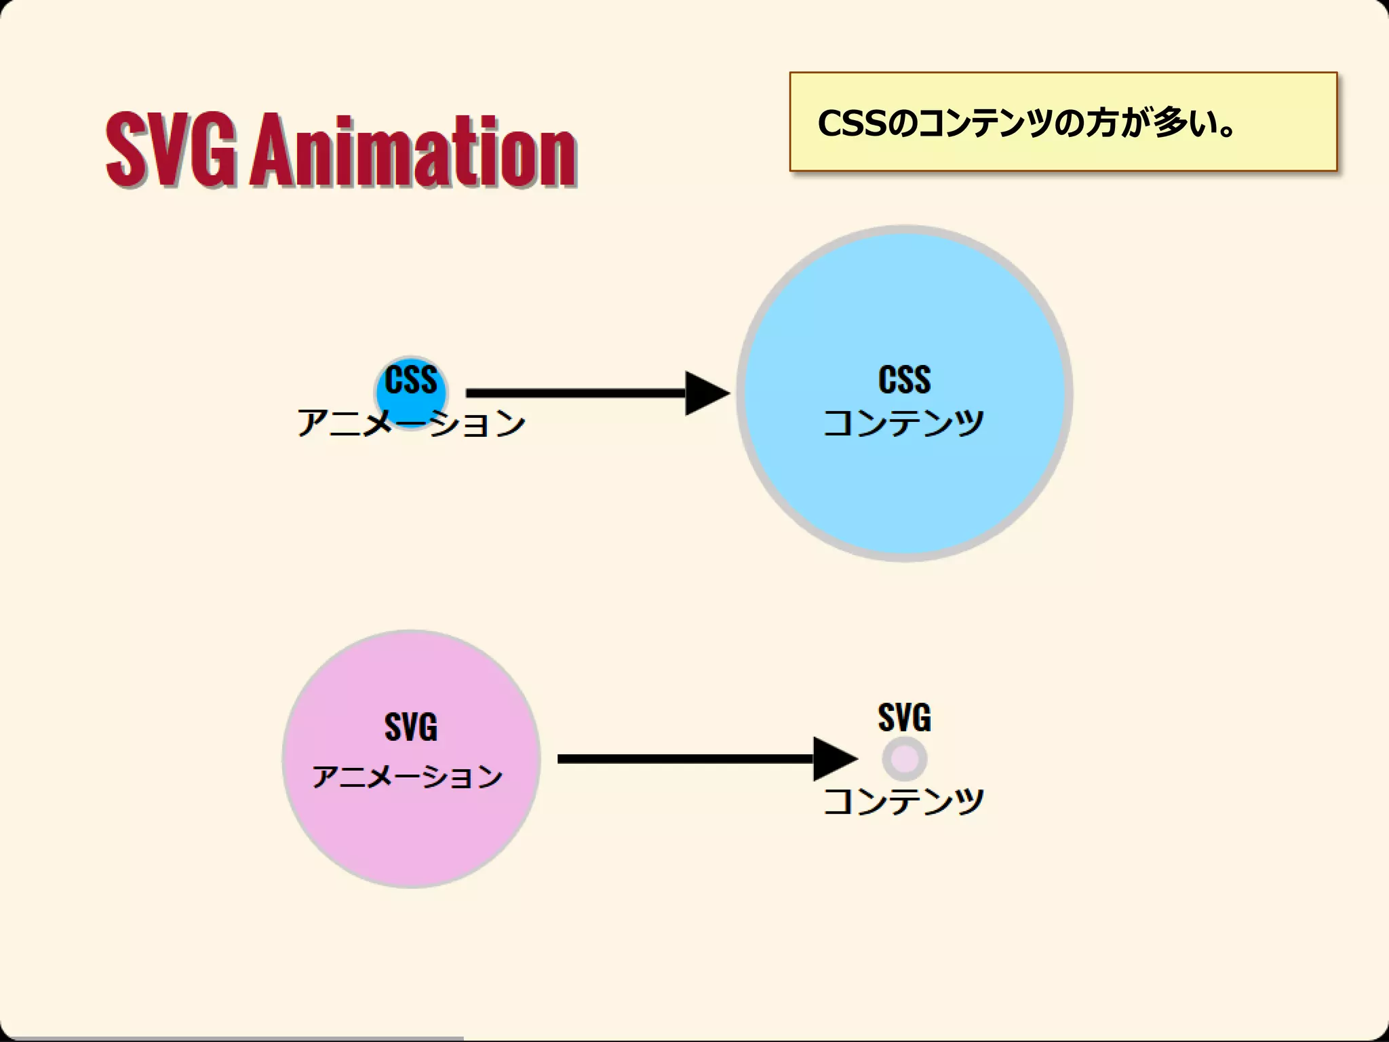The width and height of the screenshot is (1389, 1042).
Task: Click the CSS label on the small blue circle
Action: (411, 379)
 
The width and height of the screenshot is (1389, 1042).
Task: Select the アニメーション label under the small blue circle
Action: (411, 423)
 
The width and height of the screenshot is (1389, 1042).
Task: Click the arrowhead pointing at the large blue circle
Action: (705, 393)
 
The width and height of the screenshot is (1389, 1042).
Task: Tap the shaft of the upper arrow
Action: (576, 393)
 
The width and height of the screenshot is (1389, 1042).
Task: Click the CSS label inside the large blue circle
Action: (904, 379)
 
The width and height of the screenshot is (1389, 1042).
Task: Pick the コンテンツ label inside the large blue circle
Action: (903, 423)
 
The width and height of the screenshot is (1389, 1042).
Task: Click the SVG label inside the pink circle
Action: (411, 727)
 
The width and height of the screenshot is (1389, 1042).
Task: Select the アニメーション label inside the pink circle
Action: (408, 776)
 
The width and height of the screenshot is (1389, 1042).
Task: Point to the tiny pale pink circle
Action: (905, 758)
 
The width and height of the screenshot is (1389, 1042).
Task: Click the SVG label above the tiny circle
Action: (904, 717)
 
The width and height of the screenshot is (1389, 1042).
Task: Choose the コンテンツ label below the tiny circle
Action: (903, 801)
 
